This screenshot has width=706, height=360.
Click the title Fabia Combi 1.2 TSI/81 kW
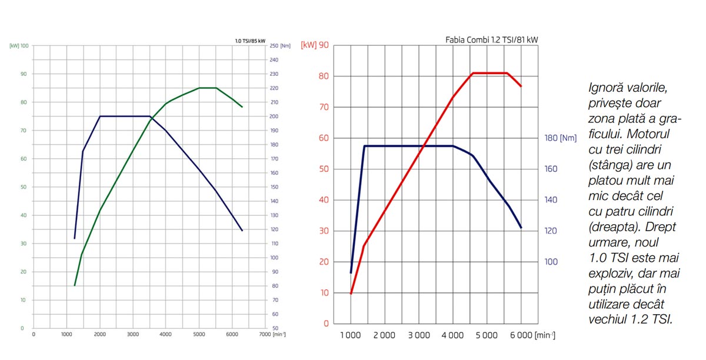(x=492, y=40)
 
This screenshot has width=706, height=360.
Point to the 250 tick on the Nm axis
(x=274, y=46)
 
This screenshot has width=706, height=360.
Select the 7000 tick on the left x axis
(x=264, y=334)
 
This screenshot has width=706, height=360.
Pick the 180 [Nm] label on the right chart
(x=560, y=138)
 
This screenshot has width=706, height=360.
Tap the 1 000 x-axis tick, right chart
(x=351, y=335)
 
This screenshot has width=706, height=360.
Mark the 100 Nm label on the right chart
(x=551, y=262)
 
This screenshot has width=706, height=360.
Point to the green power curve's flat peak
(x=208, y=88)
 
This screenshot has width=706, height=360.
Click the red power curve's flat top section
(x=489, y=73)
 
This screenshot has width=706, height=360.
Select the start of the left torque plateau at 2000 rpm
(x=100, y=116)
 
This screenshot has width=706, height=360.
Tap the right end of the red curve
(x=521, y=86)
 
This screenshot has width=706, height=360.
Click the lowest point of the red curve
(x=351, y=294)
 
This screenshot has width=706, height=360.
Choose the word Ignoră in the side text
(x=606, y=88)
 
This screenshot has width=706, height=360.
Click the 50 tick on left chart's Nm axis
(x=274, y=328)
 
